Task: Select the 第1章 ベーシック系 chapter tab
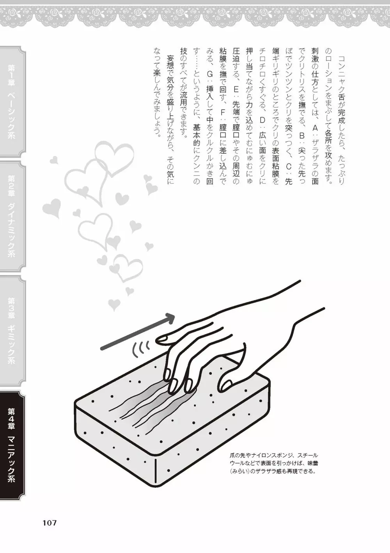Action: (12, 102)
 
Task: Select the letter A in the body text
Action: (315, 128)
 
